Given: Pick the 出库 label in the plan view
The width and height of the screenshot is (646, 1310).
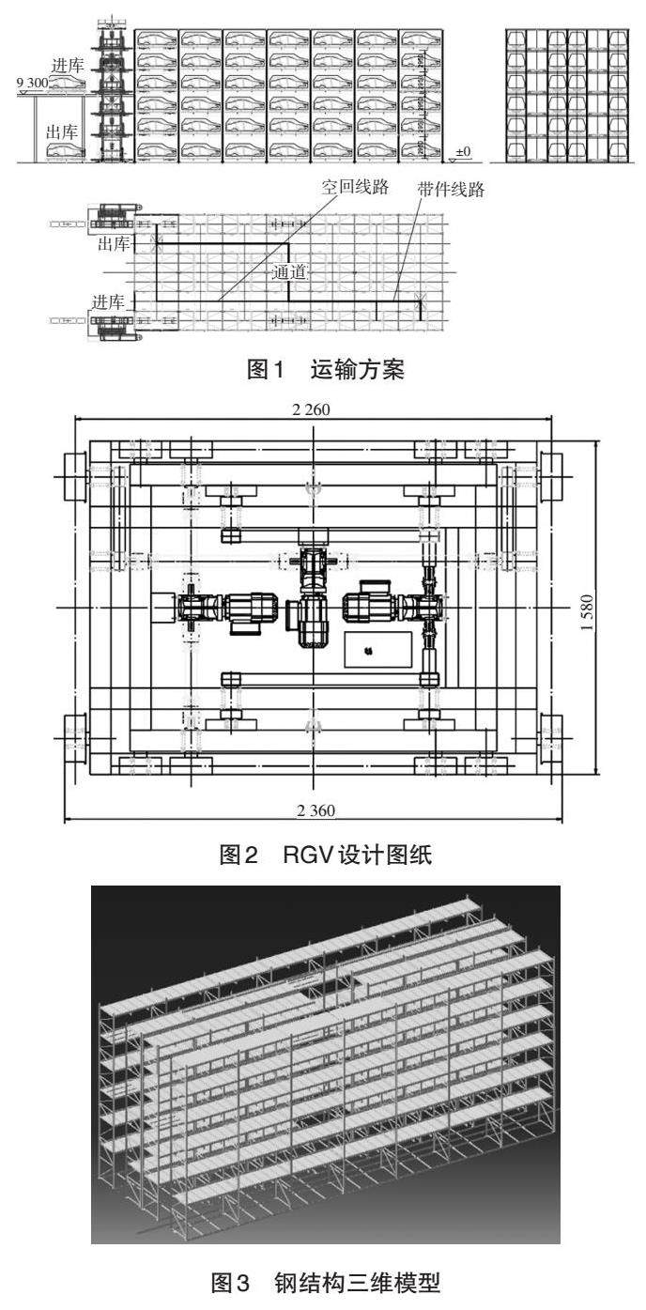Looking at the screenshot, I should pos(114,244).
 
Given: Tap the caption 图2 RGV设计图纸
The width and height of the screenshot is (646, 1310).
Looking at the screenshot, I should pos(325,853).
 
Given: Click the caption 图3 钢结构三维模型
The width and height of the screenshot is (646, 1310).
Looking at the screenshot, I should pos(325,1282).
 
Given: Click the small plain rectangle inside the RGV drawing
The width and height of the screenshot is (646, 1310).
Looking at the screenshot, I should pos(377,649).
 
